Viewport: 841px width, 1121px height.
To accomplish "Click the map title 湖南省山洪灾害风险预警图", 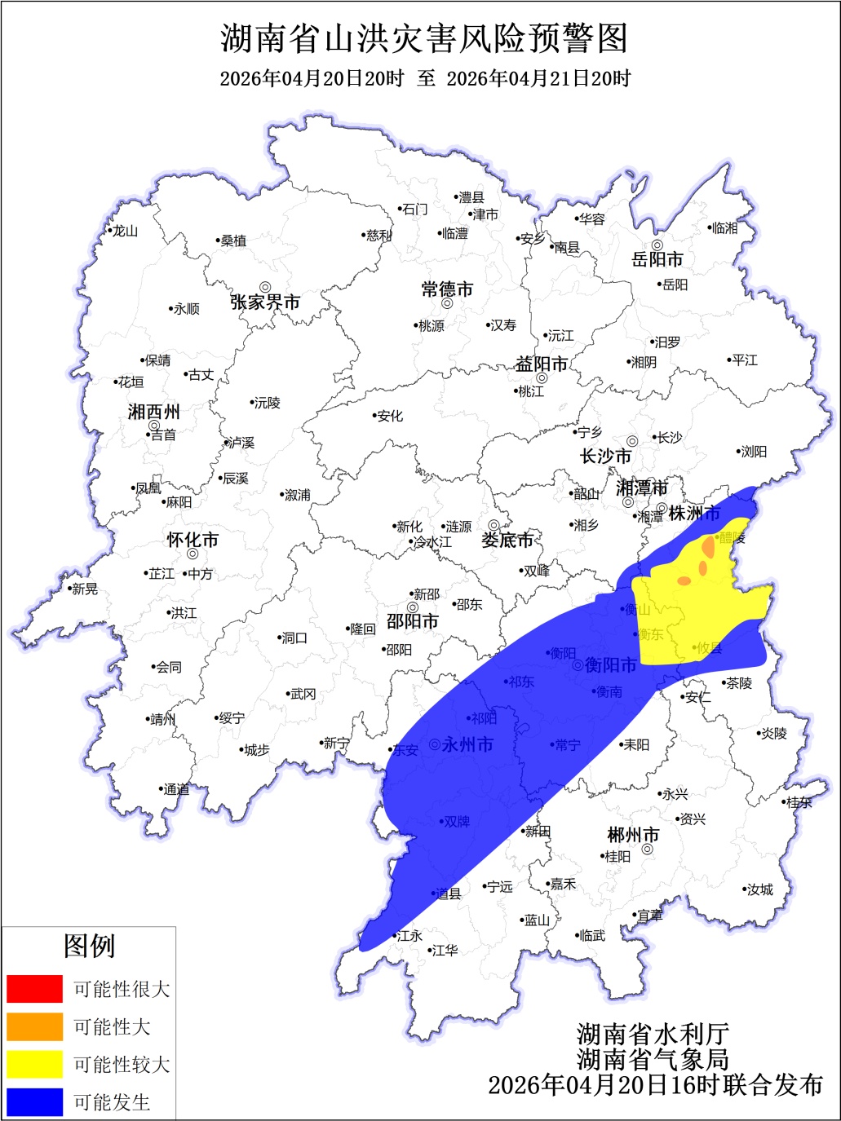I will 424,38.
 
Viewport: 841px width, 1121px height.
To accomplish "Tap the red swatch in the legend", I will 34,989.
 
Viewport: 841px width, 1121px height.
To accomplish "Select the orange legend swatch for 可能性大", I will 34,1026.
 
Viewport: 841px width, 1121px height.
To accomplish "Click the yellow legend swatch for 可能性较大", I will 34,1064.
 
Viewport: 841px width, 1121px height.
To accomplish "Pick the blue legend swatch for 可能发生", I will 34,1102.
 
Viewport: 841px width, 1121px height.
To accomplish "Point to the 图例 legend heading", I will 89,947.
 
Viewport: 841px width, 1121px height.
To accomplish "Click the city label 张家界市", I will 265,302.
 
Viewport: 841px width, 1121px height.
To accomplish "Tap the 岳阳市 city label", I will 657,260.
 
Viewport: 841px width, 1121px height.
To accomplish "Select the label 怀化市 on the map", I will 193,541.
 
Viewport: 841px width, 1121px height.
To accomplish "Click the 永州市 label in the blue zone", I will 467,744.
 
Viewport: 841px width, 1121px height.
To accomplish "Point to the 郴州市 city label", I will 633,836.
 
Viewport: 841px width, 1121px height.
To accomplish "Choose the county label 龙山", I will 125,232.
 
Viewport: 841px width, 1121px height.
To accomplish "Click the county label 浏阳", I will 753,452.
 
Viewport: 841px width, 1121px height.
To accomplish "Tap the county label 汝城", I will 759,889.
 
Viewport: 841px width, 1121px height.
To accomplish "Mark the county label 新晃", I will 84,589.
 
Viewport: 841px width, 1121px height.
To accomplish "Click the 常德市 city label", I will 447,289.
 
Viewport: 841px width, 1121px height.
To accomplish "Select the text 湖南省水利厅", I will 653,1034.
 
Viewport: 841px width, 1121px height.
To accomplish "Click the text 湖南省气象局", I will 653,1059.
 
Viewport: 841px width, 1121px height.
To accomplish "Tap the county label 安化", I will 390,416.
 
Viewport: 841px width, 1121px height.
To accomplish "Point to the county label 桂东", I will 799,802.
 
